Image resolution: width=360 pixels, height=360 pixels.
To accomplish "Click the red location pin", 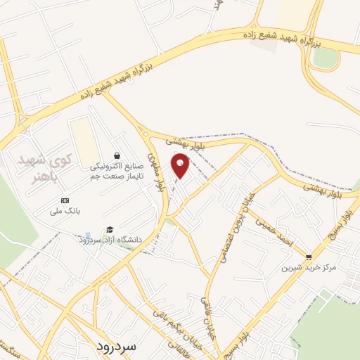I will coord(181,165).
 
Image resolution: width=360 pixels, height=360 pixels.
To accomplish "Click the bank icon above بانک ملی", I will coord(65,200).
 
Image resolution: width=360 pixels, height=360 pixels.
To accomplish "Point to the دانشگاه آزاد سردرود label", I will coord(110,240).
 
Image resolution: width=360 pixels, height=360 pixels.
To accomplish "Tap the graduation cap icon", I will coord(109,230).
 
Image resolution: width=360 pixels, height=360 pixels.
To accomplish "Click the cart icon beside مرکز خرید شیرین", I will coord(309,257).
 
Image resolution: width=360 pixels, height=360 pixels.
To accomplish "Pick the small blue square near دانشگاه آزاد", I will coord(86,235).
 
